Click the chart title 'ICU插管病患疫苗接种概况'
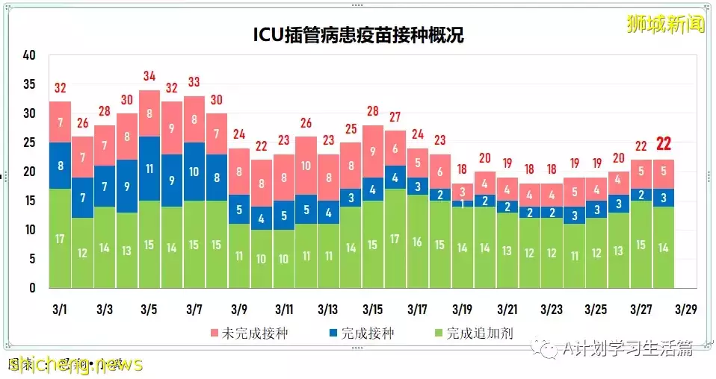[x=358, y=34]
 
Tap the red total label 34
[x=149, y=76]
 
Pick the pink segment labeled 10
[x=306, y=166]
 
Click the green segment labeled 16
[x=418, y=242]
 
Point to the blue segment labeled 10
[x=194, y=172]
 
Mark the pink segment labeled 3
[x=463, y=192]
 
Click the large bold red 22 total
[x=664, y=144]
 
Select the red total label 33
[x=194, y=82]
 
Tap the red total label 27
[x=395, y=117]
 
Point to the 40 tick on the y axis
[x=30, y=55]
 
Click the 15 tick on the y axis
[x=30, y=201]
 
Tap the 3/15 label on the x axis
[x=373, y=309]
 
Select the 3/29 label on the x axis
[x=686, y=309]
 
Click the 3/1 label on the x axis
[x=61, y=309]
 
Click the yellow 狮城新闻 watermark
[x=666, y=24]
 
